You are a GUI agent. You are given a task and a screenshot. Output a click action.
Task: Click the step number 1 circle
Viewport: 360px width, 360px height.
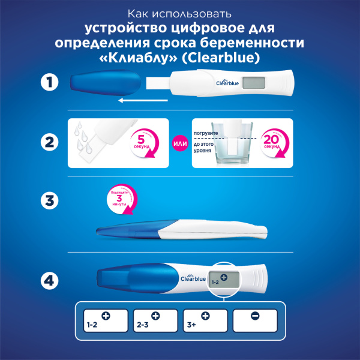pos(49,83)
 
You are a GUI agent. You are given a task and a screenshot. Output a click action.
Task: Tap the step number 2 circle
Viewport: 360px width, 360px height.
pos(49,143)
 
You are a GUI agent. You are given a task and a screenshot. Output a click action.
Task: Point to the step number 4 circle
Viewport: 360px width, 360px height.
pos(49,280)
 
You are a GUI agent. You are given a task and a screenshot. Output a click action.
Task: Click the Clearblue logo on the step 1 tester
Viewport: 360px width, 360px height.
pos(226,83)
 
